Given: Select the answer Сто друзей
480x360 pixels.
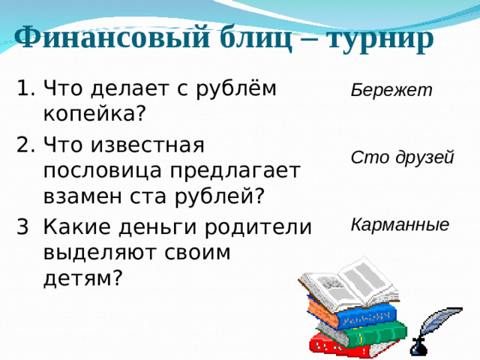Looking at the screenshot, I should click(x=402, y=158).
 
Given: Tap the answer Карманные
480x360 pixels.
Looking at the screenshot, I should click(x=400, y=224).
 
